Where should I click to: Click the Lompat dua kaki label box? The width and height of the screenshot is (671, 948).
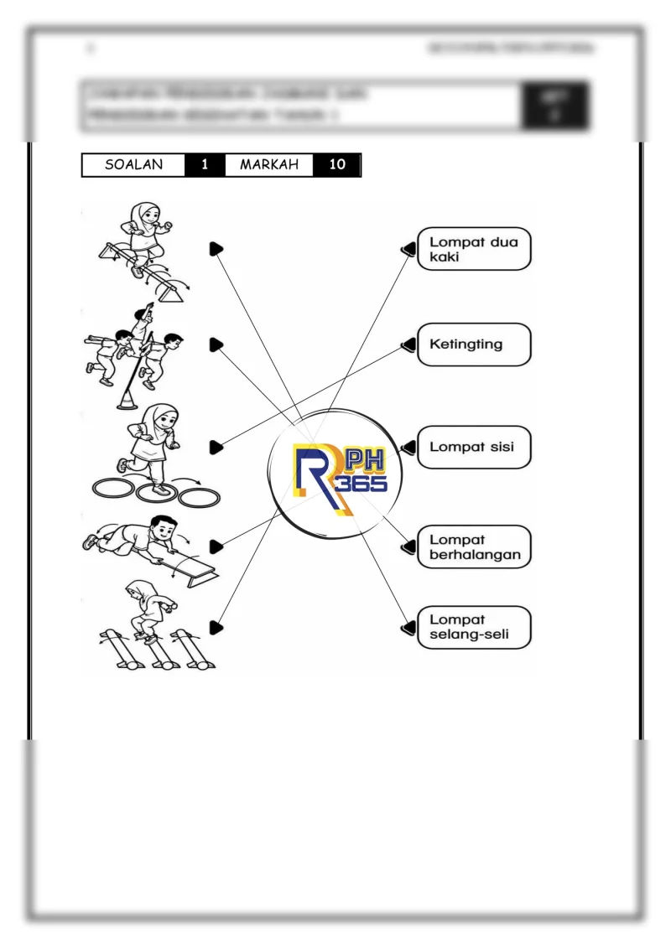point(474,249)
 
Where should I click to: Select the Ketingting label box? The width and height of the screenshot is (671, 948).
point(474,344)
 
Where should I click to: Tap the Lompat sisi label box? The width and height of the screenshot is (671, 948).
point(474,447)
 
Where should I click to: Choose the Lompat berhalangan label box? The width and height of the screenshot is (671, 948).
point(474,547)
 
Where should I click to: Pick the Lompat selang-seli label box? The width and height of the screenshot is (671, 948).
point(474,627)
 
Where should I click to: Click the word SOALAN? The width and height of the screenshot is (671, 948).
point(133,165)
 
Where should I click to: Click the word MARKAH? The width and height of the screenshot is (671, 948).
point(269,165)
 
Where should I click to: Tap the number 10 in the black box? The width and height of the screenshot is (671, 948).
point(337,165)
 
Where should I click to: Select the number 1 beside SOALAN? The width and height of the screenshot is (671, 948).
point(205,165)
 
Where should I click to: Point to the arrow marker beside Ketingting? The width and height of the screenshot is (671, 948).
point(409,344)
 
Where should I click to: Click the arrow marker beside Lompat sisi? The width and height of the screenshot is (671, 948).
point(409,448)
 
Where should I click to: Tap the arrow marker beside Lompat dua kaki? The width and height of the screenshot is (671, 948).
point(409,249)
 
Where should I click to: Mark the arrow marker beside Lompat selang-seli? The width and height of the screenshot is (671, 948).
point(409,627)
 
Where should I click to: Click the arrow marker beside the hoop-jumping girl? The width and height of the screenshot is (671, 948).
point(216,448)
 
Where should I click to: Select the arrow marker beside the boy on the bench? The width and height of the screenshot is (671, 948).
point(216,547)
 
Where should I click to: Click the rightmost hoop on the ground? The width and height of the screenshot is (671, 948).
point(199,496)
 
